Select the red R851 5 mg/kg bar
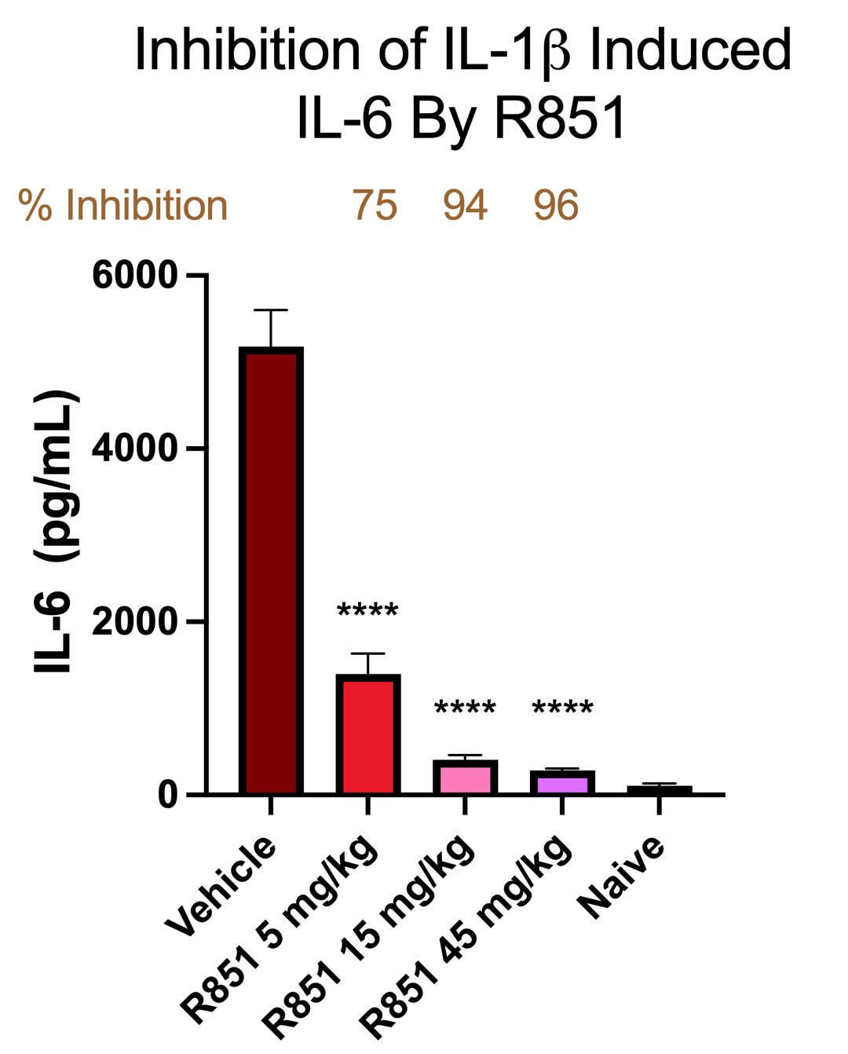(367, 734)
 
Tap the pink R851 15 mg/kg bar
(465, 778)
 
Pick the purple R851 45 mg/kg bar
(562, 783)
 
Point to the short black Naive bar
(660, 789)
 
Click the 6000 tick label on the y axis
(135, 276)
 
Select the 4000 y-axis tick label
(135, 448)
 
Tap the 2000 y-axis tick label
(135, 622)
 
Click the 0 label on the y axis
(168, 795)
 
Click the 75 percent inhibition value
(375, 206)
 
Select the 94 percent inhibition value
(465, 206)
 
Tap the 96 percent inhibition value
(556, 206)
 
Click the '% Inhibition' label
(123, 206)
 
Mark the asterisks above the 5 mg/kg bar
(367, 611)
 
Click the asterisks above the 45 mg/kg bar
(562, 708)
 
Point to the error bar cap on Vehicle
(271, 310)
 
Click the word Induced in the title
(690, 50)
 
